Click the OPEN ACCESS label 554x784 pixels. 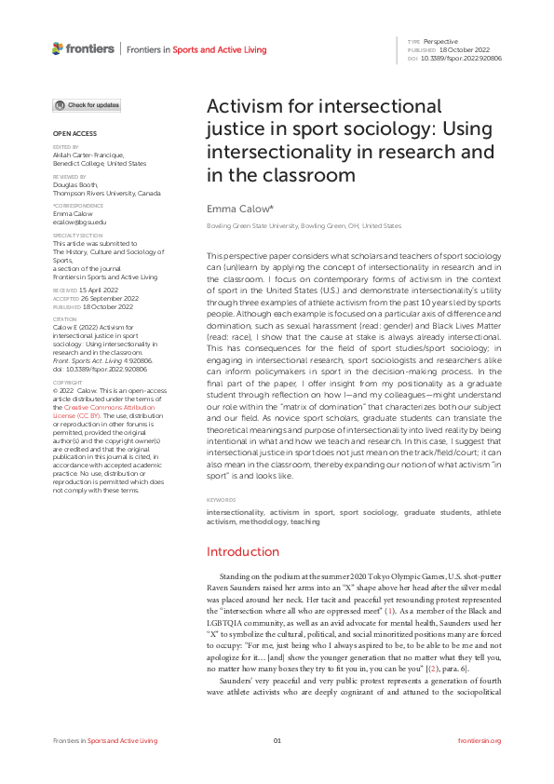(x=69, y=134)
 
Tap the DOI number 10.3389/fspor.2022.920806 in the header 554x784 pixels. (x=462, y=58)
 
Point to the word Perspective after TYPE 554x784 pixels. (x=440, y=42)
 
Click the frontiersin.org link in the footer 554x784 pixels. (x=480, y=741)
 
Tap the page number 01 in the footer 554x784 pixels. (x=277, y=741)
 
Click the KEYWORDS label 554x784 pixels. (x=221, y=501)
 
